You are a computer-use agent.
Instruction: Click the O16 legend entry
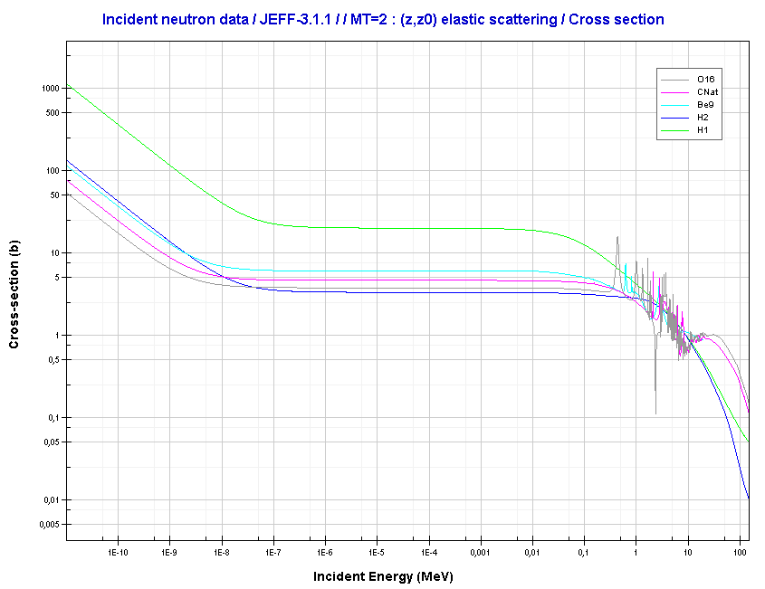705,80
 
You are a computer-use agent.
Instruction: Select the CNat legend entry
708,92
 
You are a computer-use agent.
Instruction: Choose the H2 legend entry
703,118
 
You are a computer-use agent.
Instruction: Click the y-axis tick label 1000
49,89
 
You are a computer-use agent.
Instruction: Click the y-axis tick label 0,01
49,500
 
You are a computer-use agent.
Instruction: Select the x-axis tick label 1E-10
117,551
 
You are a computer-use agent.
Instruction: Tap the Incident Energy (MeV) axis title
383,576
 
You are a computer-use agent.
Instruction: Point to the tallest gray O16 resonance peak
617,238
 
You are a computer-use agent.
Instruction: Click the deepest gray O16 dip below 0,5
655,413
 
